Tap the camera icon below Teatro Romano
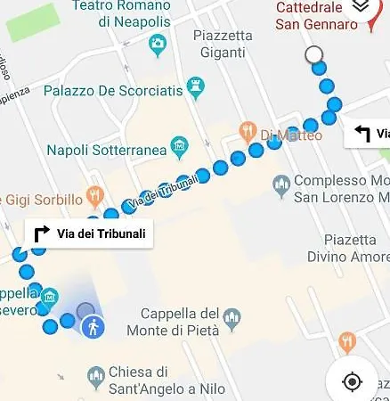click(x=158, y=43)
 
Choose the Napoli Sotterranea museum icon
click(x=179, y=146)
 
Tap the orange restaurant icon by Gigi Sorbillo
click(x=93, y=194)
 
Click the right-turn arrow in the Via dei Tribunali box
click(x=41, y=234)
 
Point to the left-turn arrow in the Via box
click(x=362, y=134)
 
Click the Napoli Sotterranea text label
click(x=106, y=150)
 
